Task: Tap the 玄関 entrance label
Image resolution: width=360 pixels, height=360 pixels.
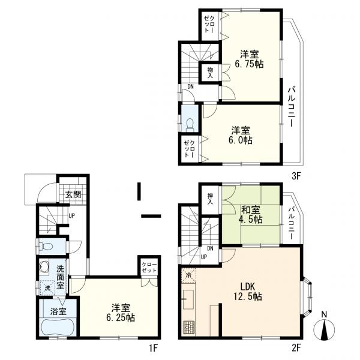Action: (73, 195)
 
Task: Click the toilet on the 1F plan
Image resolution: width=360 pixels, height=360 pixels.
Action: (46, 247)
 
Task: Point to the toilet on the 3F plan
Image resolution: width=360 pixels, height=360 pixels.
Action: (190, 125)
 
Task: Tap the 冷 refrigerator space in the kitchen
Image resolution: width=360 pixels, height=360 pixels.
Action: (188, 275)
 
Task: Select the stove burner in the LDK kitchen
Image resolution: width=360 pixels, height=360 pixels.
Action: (189, 327)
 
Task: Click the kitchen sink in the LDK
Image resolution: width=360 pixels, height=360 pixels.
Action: (188, 299)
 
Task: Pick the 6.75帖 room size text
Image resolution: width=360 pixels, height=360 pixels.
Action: (249, 64)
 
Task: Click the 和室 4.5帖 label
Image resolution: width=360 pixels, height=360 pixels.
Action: (251, 215)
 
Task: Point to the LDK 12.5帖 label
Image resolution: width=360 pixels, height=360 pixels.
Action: (248, 292)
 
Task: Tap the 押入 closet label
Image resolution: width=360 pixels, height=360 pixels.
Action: (210, 199)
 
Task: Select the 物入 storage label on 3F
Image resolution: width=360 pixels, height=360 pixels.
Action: (210, 73)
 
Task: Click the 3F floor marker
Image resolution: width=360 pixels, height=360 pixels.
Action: (296, 176)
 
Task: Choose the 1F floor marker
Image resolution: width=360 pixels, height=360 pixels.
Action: (154, 349)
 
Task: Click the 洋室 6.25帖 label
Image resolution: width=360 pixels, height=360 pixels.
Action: (121, 313)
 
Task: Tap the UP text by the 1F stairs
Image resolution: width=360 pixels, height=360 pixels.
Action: (71, 216)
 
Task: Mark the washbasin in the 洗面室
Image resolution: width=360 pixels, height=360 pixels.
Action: (44, 266)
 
